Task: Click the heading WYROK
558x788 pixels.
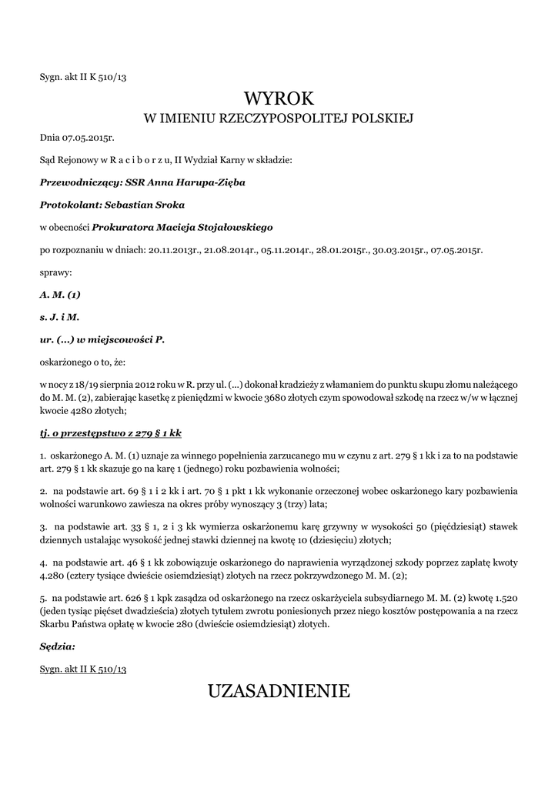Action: pos(279,98)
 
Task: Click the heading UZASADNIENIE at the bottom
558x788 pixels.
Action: pos(279,691)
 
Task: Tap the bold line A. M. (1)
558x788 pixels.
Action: pos(60,294)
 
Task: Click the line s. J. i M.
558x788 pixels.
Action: pos(59,316)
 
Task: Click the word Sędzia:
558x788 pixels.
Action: pos(58,646)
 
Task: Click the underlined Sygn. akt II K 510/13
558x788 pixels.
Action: pos(83,669)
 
